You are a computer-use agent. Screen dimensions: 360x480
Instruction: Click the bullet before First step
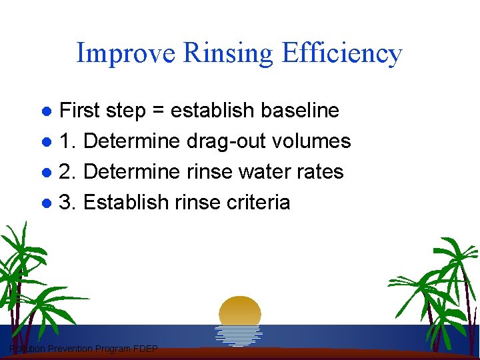pyautogui.click(x=47, y=111)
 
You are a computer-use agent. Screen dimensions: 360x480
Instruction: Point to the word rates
pyautogui.click(x=320, y=172)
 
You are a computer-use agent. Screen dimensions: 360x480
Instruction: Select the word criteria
pyautogui.click(x=259, y=203)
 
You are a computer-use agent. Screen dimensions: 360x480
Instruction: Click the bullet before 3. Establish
pyautogui.click(x=47, y=203)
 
